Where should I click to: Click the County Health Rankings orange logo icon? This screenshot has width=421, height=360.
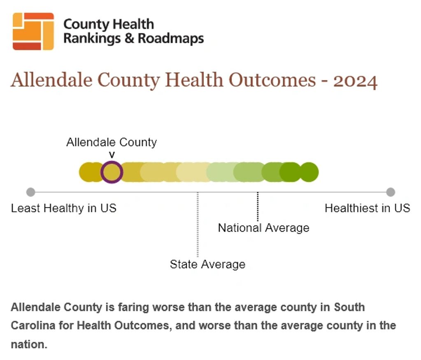(x=33, y=31)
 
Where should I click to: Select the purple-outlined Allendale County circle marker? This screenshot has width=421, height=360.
(x=112, y=172)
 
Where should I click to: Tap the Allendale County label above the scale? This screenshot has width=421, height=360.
(x=112, y=142)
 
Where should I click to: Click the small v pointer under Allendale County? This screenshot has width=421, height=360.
(x=112, y=155)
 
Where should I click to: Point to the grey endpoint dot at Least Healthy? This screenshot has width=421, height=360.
(x=30, y=192)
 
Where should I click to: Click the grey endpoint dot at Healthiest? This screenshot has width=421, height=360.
(x=391, y=192)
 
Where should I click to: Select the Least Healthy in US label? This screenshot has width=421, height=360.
(x=64, y=208)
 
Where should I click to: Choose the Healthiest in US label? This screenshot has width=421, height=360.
(x=368, y=208)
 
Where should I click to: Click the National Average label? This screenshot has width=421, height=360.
(x=264, y=228)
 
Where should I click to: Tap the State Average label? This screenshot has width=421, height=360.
(x=207, y=265)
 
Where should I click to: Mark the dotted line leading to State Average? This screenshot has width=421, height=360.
(x=198, y=224)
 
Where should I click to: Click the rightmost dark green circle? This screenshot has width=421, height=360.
(x=309, y=172)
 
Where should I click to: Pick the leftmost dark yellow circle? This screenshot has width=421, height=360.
(x=89, y=172)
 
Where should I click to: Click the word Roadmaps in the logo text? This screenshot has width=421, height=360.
(x=171, y=38)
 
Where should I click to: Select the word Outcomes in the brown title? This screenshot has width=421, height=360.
(x=272, y=80)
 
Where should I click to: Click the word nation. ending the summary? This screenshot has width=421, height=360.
(x=29, y=344)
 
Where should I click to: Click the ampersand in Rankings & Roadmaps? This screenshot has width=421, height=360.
(x=129, y=38)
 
